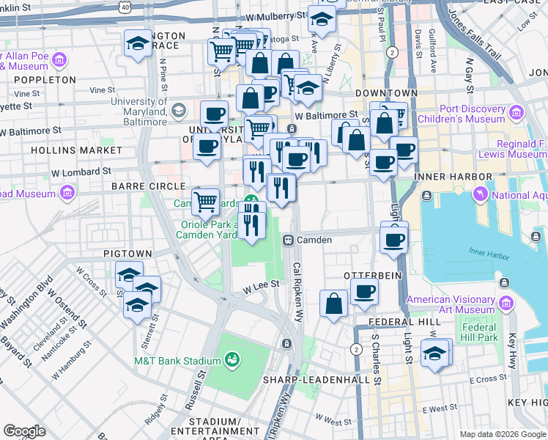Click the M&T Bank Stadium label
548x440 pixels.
(x=177, y=361)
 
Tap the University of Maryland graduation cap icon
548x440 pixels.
(x=177, y=111)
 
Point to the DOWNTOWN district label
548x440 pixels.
(x=386, y=94)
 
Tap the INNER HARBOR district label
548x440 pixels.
(x=453, y=177)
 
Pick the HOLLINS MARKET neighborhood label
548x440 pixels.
(x=77, y=150)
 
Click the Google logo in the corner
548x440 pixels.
(x=24, y=431)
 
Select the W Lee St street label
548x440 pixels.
(x=262, y=285)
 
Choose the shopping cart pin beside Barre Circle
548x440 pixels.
(x=206, y=200)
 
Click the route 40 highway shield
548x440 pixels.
(x=126, y=7)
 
